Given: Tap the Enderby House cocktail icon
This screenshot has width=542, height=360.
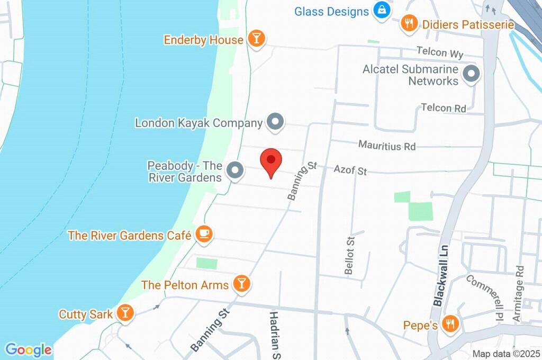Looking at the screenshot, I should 257,39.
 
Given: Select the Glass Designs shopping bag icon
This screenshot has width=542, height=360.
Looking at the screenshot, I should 381,10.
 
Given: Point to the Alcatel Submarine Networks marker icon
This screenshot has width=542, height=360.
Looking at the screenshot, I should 471,75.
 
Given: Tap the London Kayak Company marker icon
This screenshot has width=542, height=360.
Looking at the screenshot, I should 275,123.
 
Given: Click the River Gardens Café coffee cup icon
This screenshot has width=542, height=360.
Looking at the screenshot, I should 204,234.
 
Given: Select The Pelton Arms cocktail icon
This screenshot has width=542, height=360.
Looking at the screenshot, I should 241,284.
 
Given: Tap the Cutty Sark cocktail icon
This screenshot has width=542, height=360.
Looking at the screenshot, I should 125,313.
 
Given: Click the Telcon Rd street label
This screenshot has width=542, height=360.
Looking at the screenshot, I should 444,108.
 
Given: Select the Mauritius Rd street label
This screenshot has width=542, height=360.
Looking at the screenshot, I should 387,145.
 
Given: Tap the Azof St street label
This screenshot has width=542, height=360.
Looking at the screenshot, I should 350,170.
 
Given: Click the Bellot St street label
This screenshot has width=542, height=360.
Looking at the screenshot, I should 349,255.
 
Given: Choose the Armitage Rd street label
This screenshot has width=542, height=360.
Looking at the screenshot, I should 518,294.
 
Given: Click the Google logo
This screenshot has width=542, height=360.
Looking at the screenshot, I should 29,349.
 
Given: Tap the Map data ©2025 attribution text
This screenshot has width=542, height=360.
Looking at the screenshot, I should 505,354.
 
